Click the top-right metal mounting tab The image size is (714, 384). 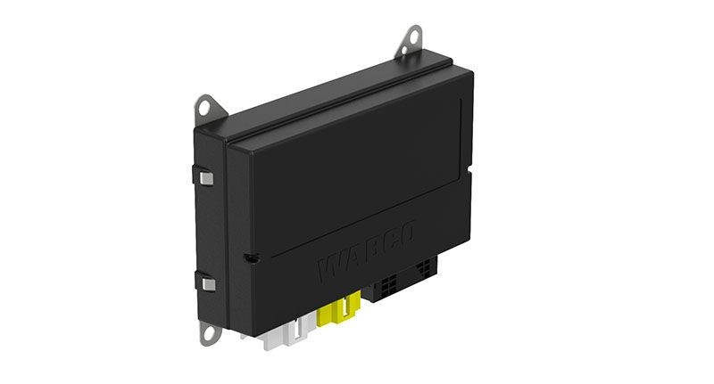[x=411, y=39]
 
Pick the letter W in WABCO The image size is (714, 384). [x=333, y=267]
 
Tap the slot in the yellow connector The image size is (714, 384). [x=339, y=313]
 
